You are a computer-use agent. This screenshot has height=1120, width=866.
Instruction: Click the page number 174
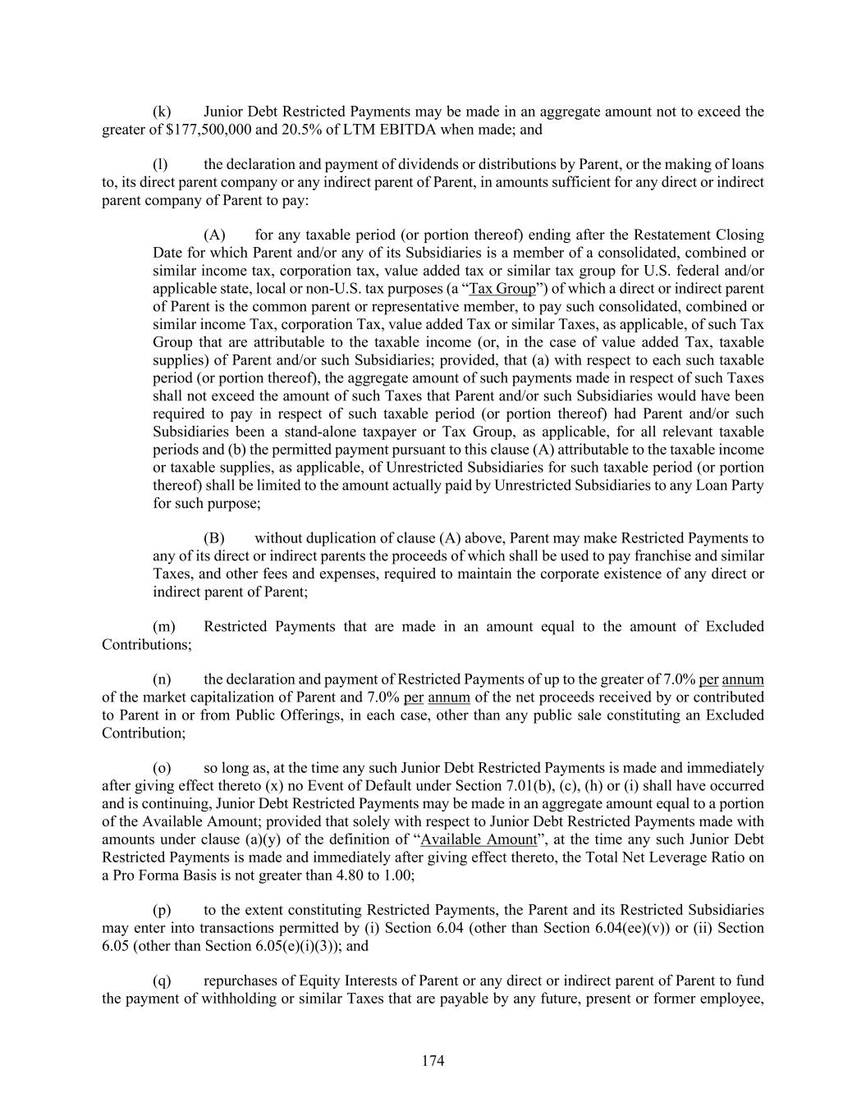[x=433, y=1061]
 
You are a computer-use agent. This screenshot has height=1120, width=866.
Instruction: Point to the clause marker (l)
[x=161, y=165]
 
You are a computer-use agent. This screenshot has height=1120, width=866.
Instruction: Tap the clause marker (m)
[x=164, y=627]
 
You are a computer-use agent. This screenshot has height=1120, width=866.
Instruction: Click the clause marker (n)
[x=163, y=679]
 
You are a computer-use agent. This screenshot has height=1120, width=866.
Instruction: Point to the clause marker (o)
[x=163, y=769]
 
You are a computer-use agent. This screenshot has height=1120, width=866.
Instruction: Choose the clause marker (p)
[x=163, y=910]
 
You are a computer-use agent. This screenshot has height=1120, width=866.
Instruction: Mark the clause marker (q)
[x=163, y=981]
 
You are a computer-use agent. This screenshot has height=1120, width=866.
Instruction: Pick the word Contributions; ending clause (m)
[x=147, y=645]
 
